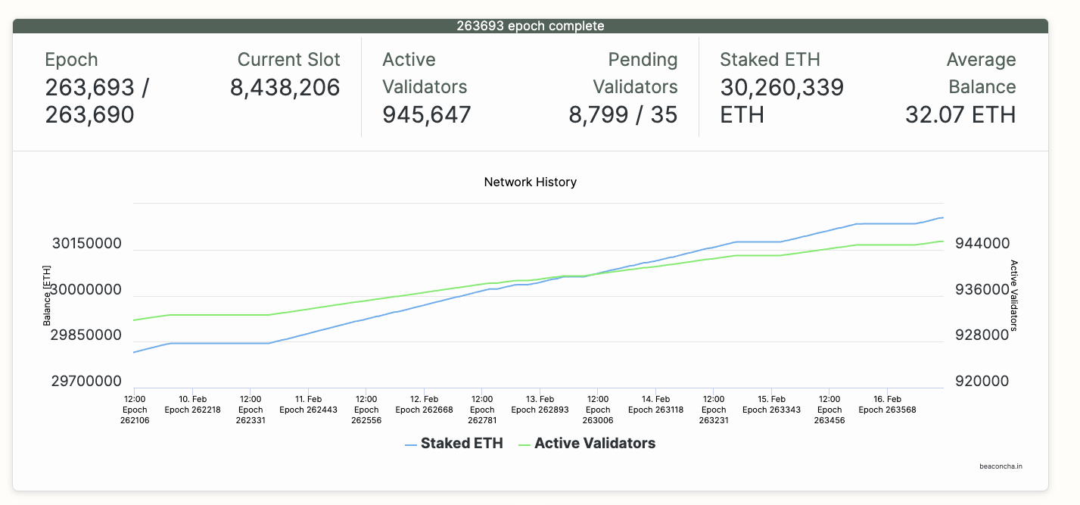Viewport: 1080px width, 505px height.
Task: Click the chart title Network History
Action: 530,182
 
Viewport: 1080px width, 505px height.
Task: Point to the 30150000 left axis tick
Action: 87,244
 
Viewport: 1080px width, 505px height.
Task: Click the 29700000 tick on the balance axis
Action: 87,382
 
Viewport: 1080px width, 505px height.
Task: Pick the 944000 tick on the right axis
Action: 982,244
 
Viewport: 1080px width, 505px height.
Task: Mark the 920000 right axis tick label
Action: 982,382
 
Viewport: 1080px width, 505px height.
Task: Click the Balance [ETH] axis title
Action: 47,295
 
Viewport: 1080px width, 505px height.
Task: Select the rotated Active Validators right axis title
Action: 1014,295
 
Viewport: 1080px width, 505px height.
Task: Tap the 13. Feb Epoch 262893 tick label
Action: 540,404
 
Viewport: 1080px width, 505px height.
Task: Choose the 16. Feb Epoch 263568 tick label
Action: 887,404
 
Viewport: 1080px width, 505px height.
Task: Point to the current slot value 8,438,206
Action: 285,88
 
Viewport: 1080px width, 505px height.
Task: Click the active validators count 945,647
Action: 427,114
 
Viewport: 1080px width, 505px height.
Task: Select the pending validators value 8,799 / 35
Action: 623,114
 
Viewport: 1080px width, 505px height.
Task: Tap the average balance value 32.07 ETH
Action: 960,114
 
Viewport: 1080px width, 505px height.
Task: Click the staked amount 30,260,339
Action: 782,88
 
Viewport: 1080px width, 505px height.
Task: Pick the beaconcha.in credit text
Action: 1001,466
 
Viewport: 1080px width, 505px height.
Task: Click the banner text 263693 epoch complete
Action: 530,26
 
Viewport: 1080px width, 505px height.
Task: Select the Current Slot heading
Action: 288,60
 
